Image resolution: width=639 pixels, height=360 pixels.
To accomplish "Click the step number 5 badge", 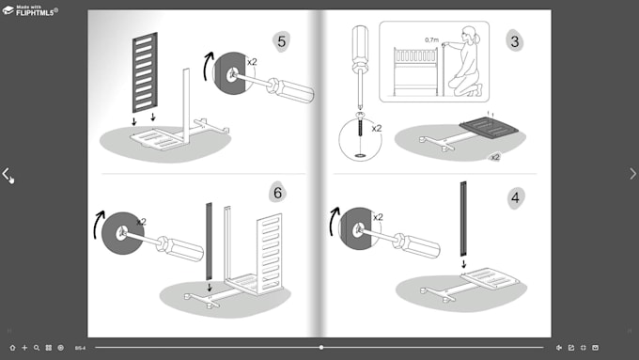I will (281, 40).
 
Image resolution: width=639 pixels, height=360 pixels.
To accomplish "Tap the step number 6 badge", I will (277, 194).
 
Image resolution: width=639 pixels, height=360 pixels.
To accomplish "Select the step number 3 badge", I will (513, 40).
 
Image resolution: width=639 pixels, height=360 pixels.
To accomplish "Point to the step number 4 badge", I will (514, 198).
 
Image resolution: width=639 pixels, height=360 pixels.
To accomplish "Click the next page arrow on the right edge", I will (631, 174).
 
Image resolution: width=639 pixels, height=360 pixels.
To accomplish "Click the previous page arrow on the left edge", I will (7, 174).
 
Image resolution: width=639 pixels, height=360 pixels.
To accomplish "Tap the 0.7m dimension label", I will (431, 40).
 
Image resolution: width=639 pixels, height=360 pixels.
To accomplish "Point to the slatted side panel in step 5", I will (146, 72).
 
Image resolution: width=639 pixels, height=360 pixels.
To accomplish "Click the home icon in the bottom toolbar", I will (12, 348).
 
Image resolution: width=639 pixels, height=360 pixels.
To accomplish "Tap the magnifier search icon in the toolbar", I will (37, 348).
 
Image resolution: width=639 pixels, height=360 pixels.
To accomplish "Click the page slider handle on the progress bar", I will (321, 348).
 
